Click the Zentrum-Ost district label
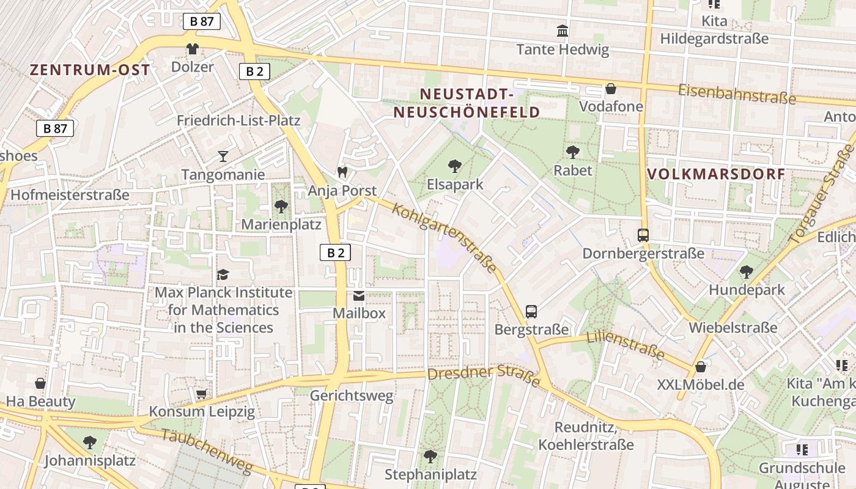90,70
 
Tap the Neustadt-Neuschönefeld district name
467,103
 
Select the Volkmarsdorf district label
716,174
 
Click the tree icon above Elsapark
454,166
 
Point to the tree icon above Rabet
573,152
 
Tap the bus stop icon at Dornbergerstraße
643,235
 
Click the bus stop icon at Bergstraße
531,312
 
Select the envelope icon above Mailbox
359,296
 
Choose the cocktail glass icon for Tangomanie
223,156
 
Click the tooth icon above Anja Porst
342,172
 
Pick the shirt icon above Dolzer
193,49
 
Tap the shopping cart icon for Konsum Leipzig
201,394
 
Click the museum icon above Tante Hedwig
563,31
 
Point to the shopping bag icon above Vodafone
610,89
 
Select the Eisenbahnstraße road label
737,94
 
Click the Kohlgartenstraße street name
444,238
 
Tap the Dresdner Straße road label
484,375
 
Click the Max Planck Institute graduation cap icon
223,274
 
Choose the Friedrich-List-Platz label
238,120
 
